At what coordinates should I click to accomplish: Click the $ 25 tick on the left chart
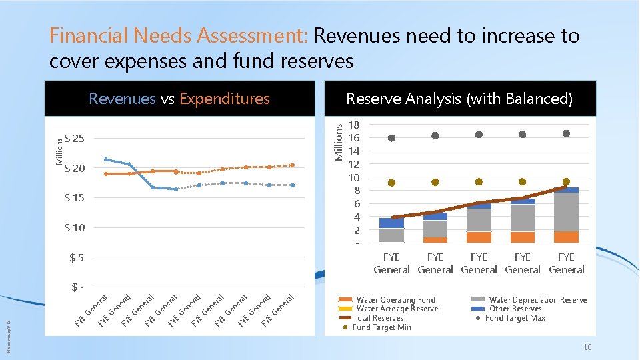(74, 139)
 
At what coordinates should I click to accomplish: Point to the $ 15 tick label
(74, 198)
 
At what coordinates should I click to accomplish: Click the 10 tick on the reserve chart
(353, 177)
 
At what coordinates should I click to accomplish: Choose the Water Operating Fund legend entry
(395, 300)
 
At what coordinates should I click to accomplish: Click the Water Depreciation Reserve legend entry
(537, 300)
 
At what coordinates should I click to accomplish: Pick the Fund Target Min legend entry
(381, 327)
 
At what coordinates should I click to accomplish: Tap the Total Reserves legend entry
(377, 318)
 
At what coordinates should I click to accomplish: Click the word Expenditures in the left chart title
(224, 99)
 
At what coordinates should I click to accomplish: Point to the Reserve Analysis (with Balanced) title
(459, 99)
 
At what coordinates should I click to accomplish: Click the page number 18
(587, 347)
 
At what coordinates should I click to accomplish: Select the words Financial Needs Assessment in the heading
(179, 35)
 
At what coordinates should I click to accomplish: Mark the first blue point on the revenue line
(106, 159)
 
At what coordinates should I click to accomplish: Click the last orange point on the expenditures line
(292, 165)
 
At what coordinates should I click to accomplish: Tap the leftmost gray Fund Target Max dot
(391, 138)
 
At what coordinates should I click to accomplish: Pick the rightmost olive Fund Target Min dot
(566, 181)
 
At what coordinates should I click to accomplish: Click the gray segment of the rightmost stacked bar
(566, 212)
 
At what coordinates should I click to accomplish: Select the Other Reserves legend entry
(515, 309)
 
